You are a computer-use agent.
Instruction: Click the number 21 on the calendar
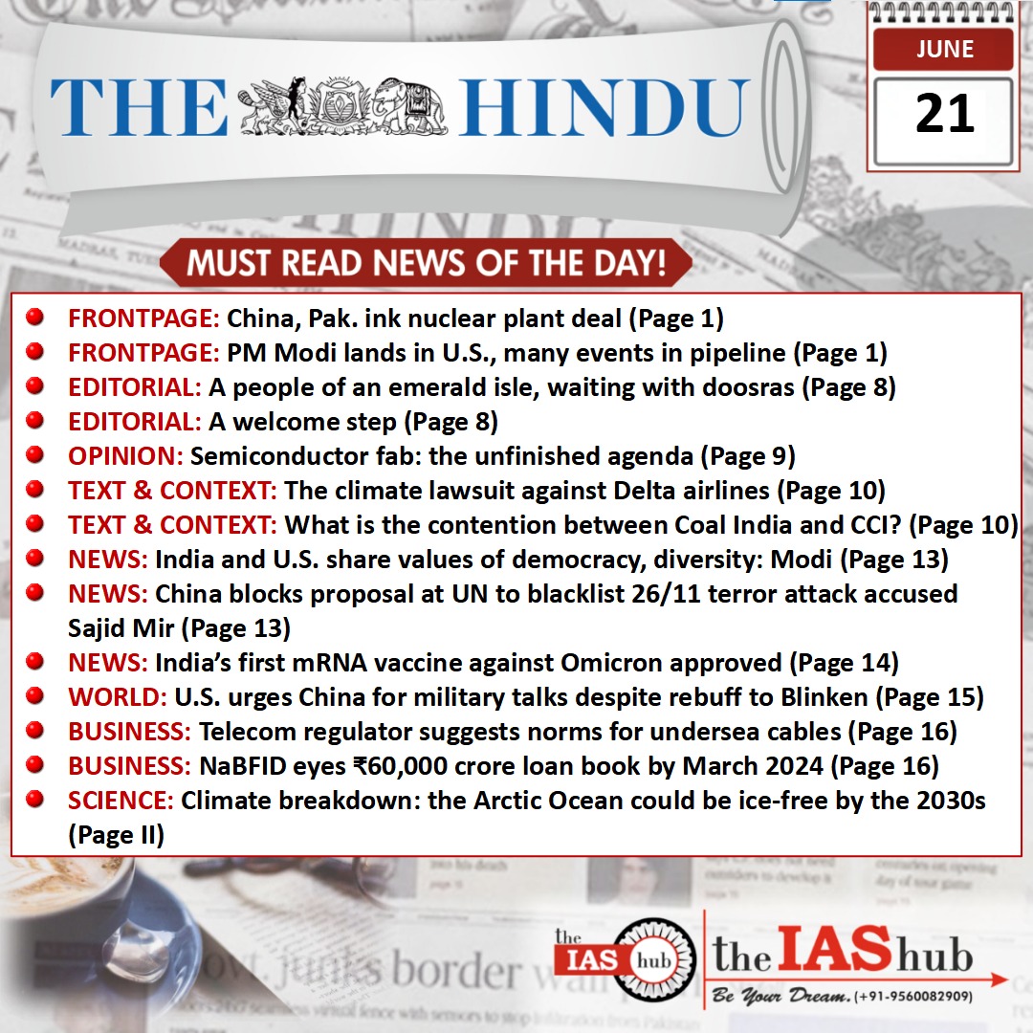coord(944,114)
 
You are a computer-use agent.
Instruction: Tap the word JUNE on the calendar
coord(944,48)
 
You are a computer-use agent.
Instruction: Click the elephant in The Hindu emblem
coord(410,102)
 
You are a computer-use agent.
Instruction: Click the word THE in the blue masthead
coord(139,107)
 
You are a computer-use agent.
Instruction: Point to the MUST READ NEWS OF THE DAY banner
coord(426,263)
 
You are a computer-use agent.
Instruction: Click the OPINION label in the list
coord(127,456)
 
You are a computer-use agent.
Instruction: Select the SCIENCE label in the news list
coord(121,801)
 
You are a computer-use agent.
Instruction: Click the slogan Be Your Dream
coord(780,997)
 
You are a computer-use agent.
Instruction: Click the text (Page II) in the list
coord(116,834)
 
